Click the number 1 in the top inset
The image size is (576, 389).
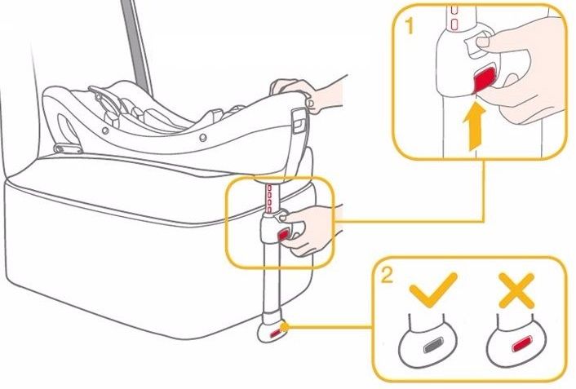tap(410, 26)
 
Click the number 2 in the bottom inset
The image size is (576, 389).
tap(387, 275)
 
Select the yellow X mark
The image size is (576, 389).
tap(516, 290)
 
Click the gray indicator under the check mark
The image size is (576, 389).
tap(433, 346)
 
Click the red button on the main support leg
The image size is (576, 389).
tap(283, 234)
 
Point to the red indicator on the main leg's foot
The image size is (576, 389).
tap(275, 334)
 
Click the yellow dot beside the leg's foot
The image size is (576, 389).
tap(284, 326)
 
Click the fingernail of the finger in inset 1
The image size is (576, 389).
tap(481, 42)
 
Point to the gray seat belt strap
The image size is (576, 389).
tap(136, 46)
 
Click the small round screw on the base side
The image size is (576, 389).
tap(202, 138)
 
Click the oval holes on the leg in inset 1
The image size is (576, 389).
tap(454, 17)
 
